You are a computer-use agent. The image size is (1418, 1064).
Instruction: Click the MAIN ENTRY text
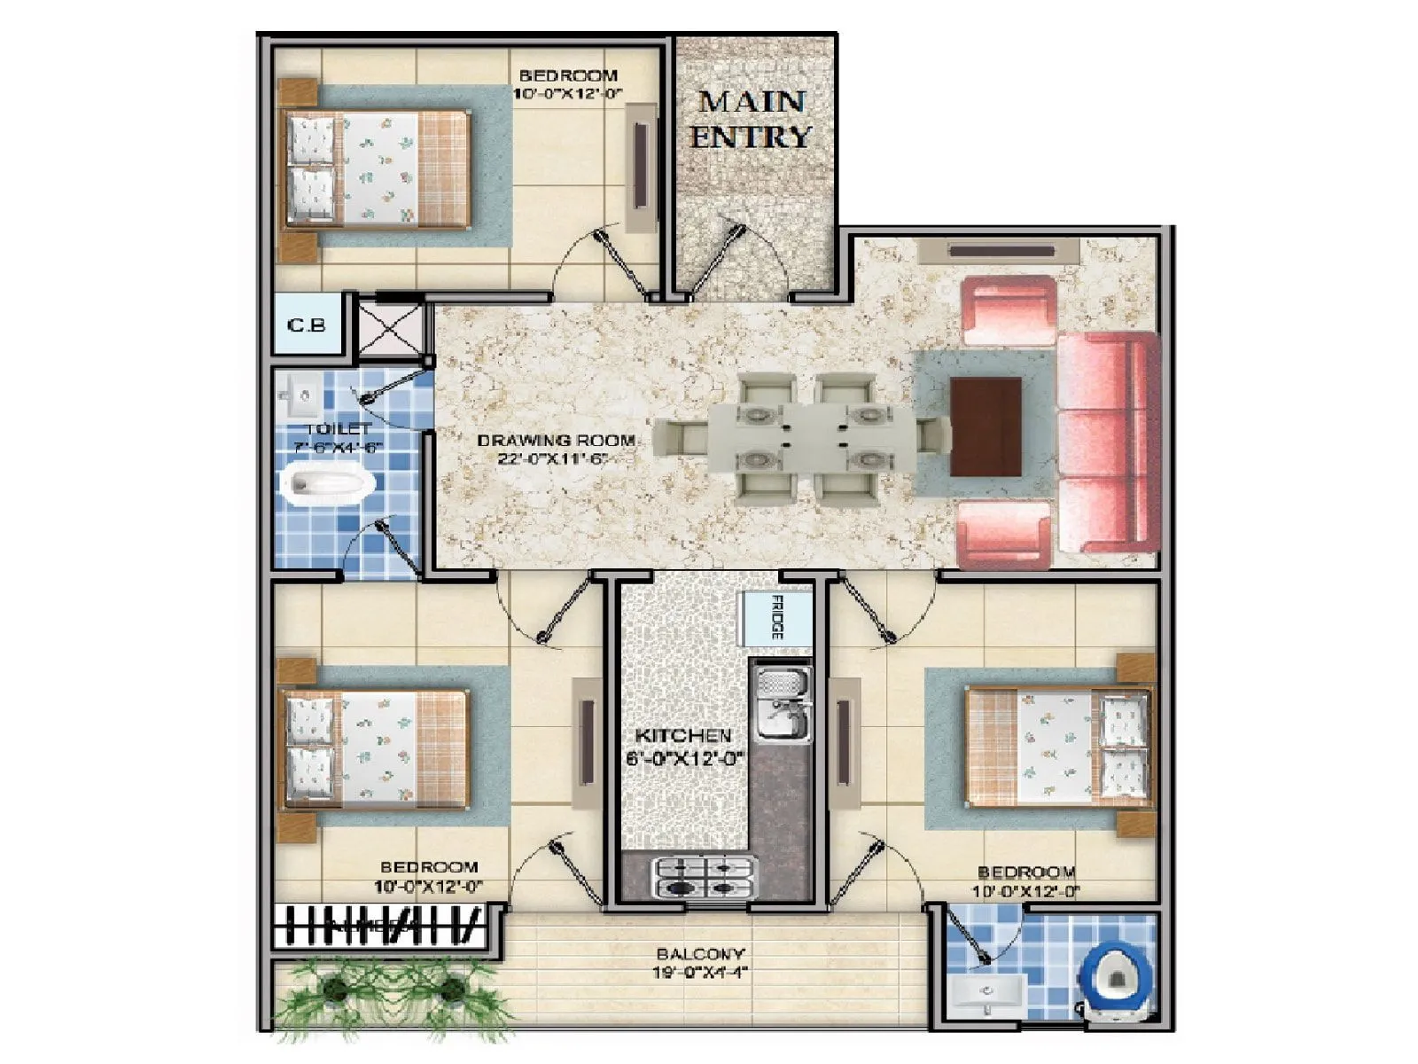pyautogui.click(x=751, y=119)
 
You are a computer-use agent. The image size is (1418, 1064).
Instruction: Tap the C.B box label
pyautogui.click(x=306, y=325)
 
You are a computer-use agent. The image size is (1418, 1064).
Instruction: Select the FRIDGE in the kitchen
pyautogui.click(x=775, y=618)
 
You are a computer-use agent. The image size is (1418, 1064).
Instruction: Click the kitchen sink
pyautogui.click(x=781, y=704)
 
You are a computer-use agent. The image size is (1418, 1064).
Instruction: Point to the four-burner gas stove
pyautogui.click(x=705, y=877)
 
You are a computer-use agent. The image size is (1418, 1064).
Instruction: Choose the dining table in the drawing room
pyautogui.click(x=811, y=436)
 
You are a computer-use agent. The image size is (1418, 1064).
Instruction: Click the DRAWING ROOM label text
pyautogui.click(x=556, y=441)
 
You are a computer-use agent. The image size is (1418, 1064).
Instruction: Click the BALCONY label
pyautogui.click(x=700, y=954)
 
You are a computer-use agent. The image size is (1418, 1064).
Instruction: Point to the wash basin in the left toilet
pyautogui.click(x=300, y=395)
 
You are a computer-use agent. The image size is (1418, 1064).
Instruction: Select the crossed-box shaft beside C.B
pyautogui.click(x=390, y=328)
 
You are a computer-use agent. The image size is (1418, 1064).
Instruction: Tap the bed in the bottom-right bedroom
pyautogui.click(x=1059, y=745)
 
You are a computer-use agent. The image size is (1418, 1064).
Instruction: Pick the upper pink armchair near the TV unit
pyautogui.click(x=1008, y=310)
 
